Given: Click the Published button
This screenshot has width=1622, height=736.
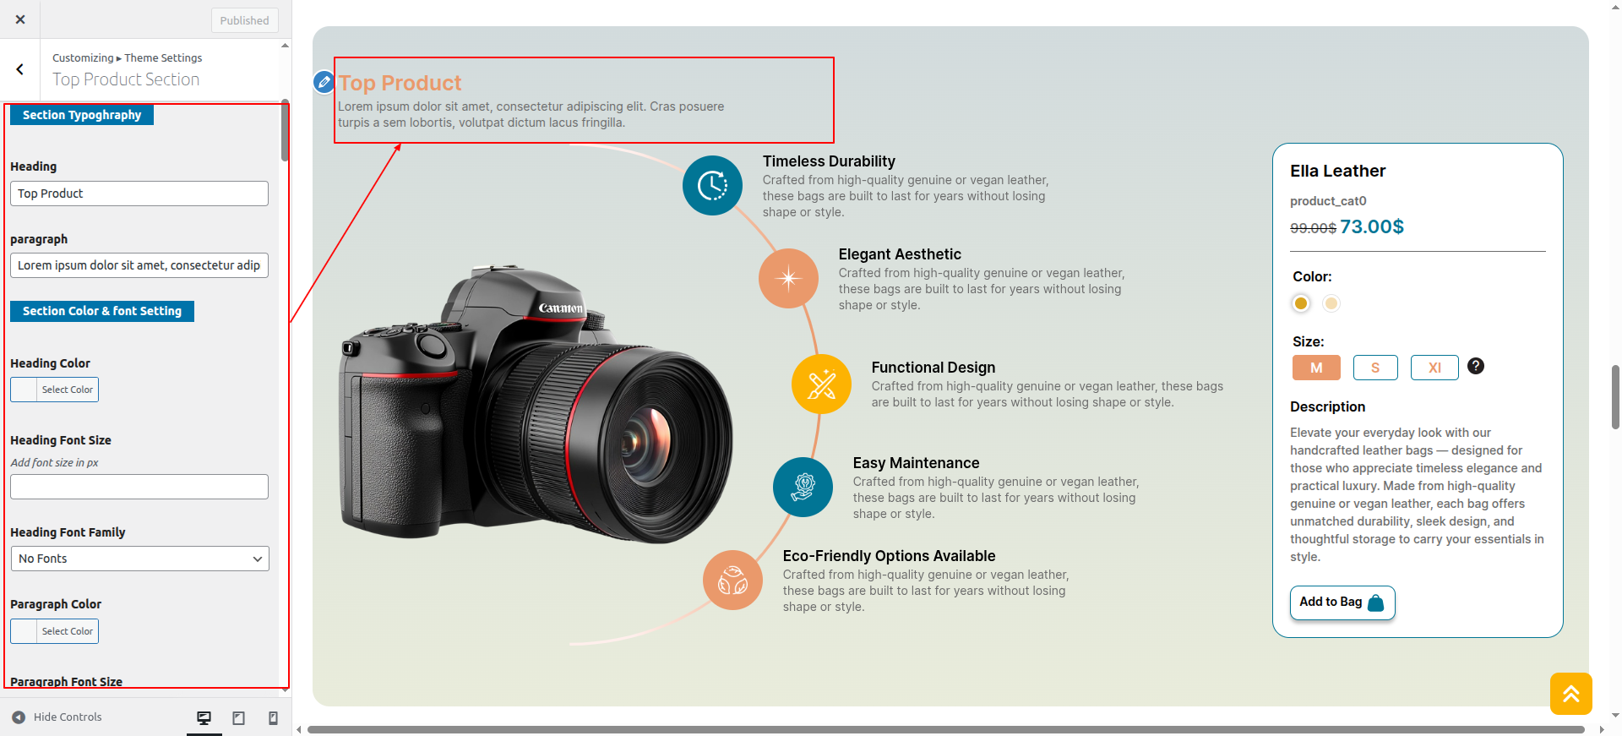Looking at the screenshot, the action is [x=244, y=20].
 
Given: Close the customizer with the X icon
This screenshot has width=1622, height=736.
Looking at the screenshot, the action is [x=20, y=19].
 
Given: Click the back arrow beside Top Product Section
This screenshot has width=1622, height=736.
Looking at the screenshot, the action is [x=20, y=69].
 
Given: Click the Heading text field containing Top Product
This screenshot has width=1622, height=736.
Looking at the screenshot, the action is [x=139, y=194].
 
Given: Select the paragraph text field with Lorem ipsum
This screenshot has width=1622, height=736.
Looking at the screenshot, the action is [x=139, y=265].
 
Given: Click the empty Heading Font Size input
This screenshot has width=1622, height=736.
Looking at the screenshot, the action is [x=139, y=487].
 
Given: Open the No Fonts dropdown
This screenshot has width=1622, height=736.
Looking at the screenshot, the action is [x=139, y=559].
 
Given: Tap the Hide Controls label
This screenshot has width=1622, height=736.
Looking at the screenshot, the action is [x=68, y=717].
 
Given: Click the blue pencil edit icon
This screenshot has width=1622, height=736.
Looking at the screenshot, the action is [x=324, y=82].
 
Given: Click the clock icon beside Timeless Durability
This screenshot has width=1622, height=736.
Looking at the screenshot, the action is [x=712, y=186].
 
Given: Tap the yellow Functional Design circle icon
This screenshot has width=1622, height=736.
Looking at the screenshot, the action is [x=821, y=384].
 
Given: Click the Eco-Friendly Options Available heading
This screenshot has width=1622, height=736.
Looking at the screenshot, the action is [x=889, y=556].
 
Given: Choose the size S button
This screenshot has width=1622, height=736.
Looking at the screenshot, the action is [x=1375, y=368].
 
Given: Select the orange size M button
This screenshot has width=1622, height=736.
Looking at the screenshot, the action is [x=1316, y=368].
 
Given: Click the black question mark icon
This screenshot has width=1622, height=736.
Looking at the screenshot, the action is [x=1476, y=366].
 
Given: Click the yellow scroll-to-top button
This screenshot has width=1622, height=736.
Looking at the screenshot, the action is [x=1571, y=694].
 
